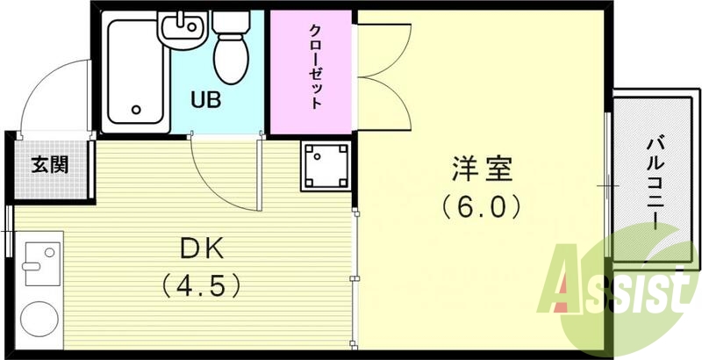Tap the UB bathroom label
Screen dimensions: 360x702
pyautogui.click(x=207, y=98)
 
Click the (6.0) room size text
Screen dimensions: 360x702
pyautogui.click(x=482, y=207)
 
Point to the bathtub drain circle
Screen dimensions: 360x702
pyautogui.click(x=136, y=110)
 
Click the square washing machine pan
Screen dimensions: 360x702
pyautogui.click(x=326, y=165)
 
